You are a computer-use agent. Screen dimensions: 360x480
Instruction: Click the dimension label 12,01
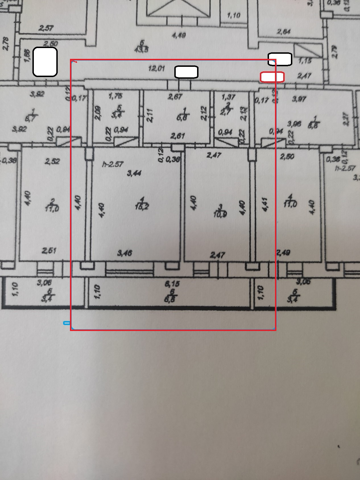(156, 69)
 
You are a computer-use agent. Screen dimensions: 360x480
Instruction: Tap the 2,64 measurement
(284, 32)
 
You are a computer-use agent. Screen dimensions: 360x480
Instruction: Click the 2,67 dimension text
(175, 97)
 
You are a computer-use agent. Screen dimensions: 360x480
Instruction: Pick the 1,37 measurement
(228, 97)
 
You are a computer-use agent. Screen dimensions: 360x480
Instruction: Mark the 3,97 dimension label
(299, 99)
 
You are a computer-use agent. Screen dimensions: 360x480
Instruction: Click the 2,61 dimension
(177, 136)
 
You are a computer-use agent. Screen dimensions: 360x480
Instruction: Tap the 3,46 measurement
(125, 253)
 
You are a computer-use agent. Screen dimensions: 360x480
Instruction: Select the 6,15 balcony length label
(172, 284)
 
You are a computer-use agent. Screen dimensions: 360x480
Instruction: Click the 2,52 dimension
(52, 161)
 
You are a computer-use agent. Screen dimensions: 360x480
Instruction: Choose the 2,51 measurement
(49, 251)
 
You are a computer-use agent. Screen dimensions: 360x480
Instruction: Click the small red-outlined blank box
(272, 77)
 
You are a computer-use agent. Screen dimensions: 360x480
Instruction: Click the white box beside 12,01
(186, 72)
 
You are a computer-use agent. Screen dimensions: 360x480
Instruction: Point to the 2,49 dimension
(283, 252)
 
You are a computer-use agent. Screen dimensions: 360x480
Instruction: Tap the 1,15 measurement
(305, 61)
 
